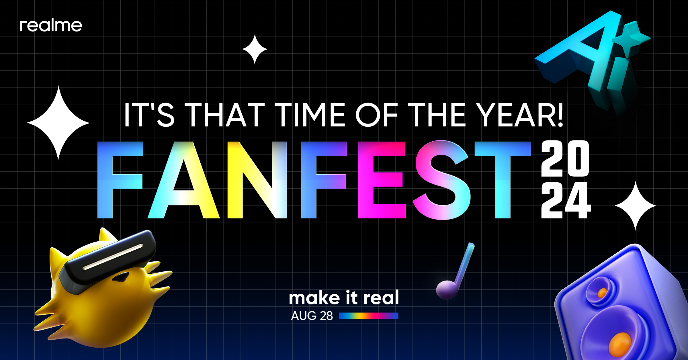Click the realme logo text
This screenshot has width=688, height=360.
(51, 26)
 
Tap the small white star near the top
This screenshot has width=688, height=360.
(255, 49)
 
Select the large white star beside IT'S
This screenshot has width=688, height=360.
(58, 123)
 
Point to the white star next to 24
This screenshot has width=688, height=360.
(635, 206)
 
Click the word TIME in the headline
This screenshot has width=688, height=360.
(310, 115)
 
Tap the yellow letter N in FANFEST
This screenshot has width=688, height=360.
(257, 180)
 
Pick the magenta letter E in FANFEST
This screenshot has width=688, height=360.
(381, 180)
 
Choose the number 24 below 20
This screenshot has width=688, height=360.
(565, 200)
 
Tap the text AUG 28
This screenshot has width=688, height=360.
(312, 316)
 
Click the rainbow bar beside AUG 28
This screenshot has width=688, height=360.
(368, 316)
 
